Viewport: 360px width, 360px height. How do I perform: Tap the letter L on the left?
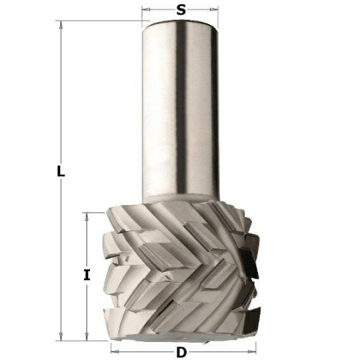point(60,171)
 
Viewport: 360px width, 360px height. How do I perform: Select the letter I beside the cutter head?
point(87,274)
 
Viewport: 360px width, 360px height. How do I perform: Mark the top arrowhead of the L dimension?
point(61,25)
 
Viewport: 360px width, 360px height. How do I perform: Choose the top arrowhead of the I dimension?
point(87,217)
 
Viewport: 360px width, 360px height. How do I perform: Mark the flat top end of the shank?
point(180,22)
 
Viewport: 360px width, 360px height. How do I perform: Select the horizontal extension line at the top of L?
point(100,21)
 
